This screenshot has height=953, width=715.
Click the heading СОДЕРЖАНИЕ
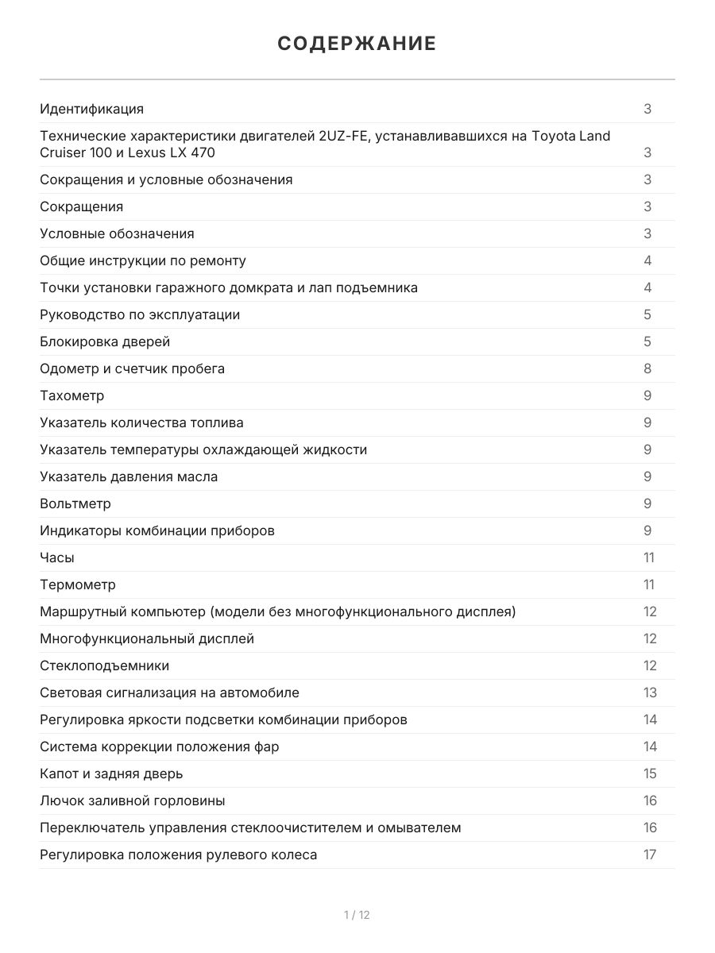pos(357,44)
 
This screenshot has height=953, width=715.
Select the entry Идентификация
pos(92,109)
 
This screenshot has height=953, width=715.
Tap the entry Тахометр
pos(72,395)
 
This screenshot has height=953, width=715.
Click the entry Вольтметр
pos(75,504)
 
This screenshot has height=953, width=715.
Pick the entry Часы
pos(57,558)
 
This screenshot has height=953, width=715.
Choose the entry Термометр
pos(78,585)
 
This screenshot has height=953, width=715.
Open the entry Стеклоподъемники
pos(105,666)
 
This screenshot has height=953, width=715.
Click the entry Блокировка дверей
pos(105,341)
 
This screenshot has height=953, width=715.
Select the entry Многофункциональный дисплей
pos(147,639)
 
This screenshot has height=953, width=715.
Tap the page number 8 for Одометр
pos(647,368)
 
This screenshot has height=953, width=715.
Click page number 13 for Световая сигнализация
pos(650,693)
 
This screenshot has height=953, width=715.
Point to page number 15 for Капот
pos(650,774)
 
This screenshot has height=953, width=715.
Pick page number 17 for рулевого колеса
pos(650,855)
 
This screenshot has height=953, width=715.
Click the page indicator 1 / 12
pos(357,915)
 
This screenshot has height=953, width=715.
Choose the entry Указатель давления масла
pos(129,476)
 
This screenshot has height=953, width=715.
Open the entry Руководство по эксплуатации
pos(140,314)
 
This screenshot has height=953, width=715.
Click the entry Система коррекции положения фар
pos(160,747)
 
